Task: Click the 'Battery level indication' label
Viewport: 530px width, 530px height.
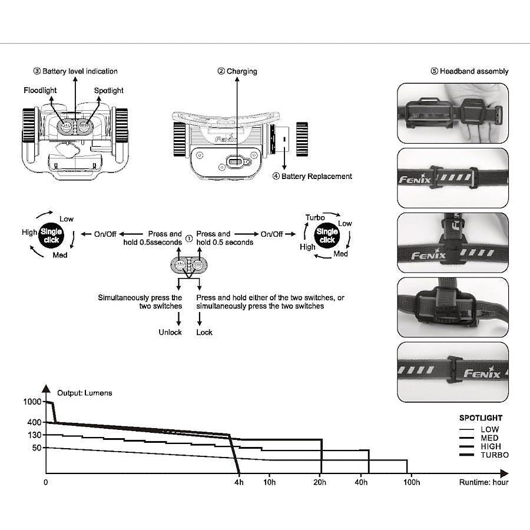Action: [75, 71]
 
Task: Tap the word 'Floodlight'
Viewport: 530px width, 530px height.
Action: [41, 91]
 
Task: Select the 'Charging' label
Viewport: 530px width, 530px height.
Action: [237, 71]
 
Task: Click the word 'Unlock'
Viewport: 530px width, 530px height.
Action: [170, 332]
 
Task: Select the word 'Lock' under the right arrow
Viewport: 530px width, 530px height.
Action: [204, 332]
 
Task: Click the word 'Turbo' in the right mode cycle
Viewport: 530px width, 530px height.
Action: [315, 217]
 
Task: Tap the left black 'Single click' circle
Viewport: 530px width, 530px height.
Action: [52, 236]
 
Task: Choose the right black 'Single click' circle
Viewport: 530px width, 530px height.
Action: [327, 236]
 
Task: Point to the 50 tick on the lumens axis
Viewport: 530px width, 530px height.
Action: [37, 448]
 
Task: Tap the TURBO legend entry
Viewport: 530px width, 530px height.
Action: [493, 455]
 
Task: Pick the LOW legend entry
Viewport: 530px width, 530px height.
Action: [489, 430]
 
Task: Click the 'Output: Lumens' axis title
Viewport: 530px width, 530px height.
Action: [84, 393]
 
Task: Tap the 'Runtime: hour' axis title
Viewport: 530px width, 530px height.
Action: [483, 482]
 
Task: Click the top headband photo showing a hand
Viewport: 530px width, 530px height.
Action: [452, 113]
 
